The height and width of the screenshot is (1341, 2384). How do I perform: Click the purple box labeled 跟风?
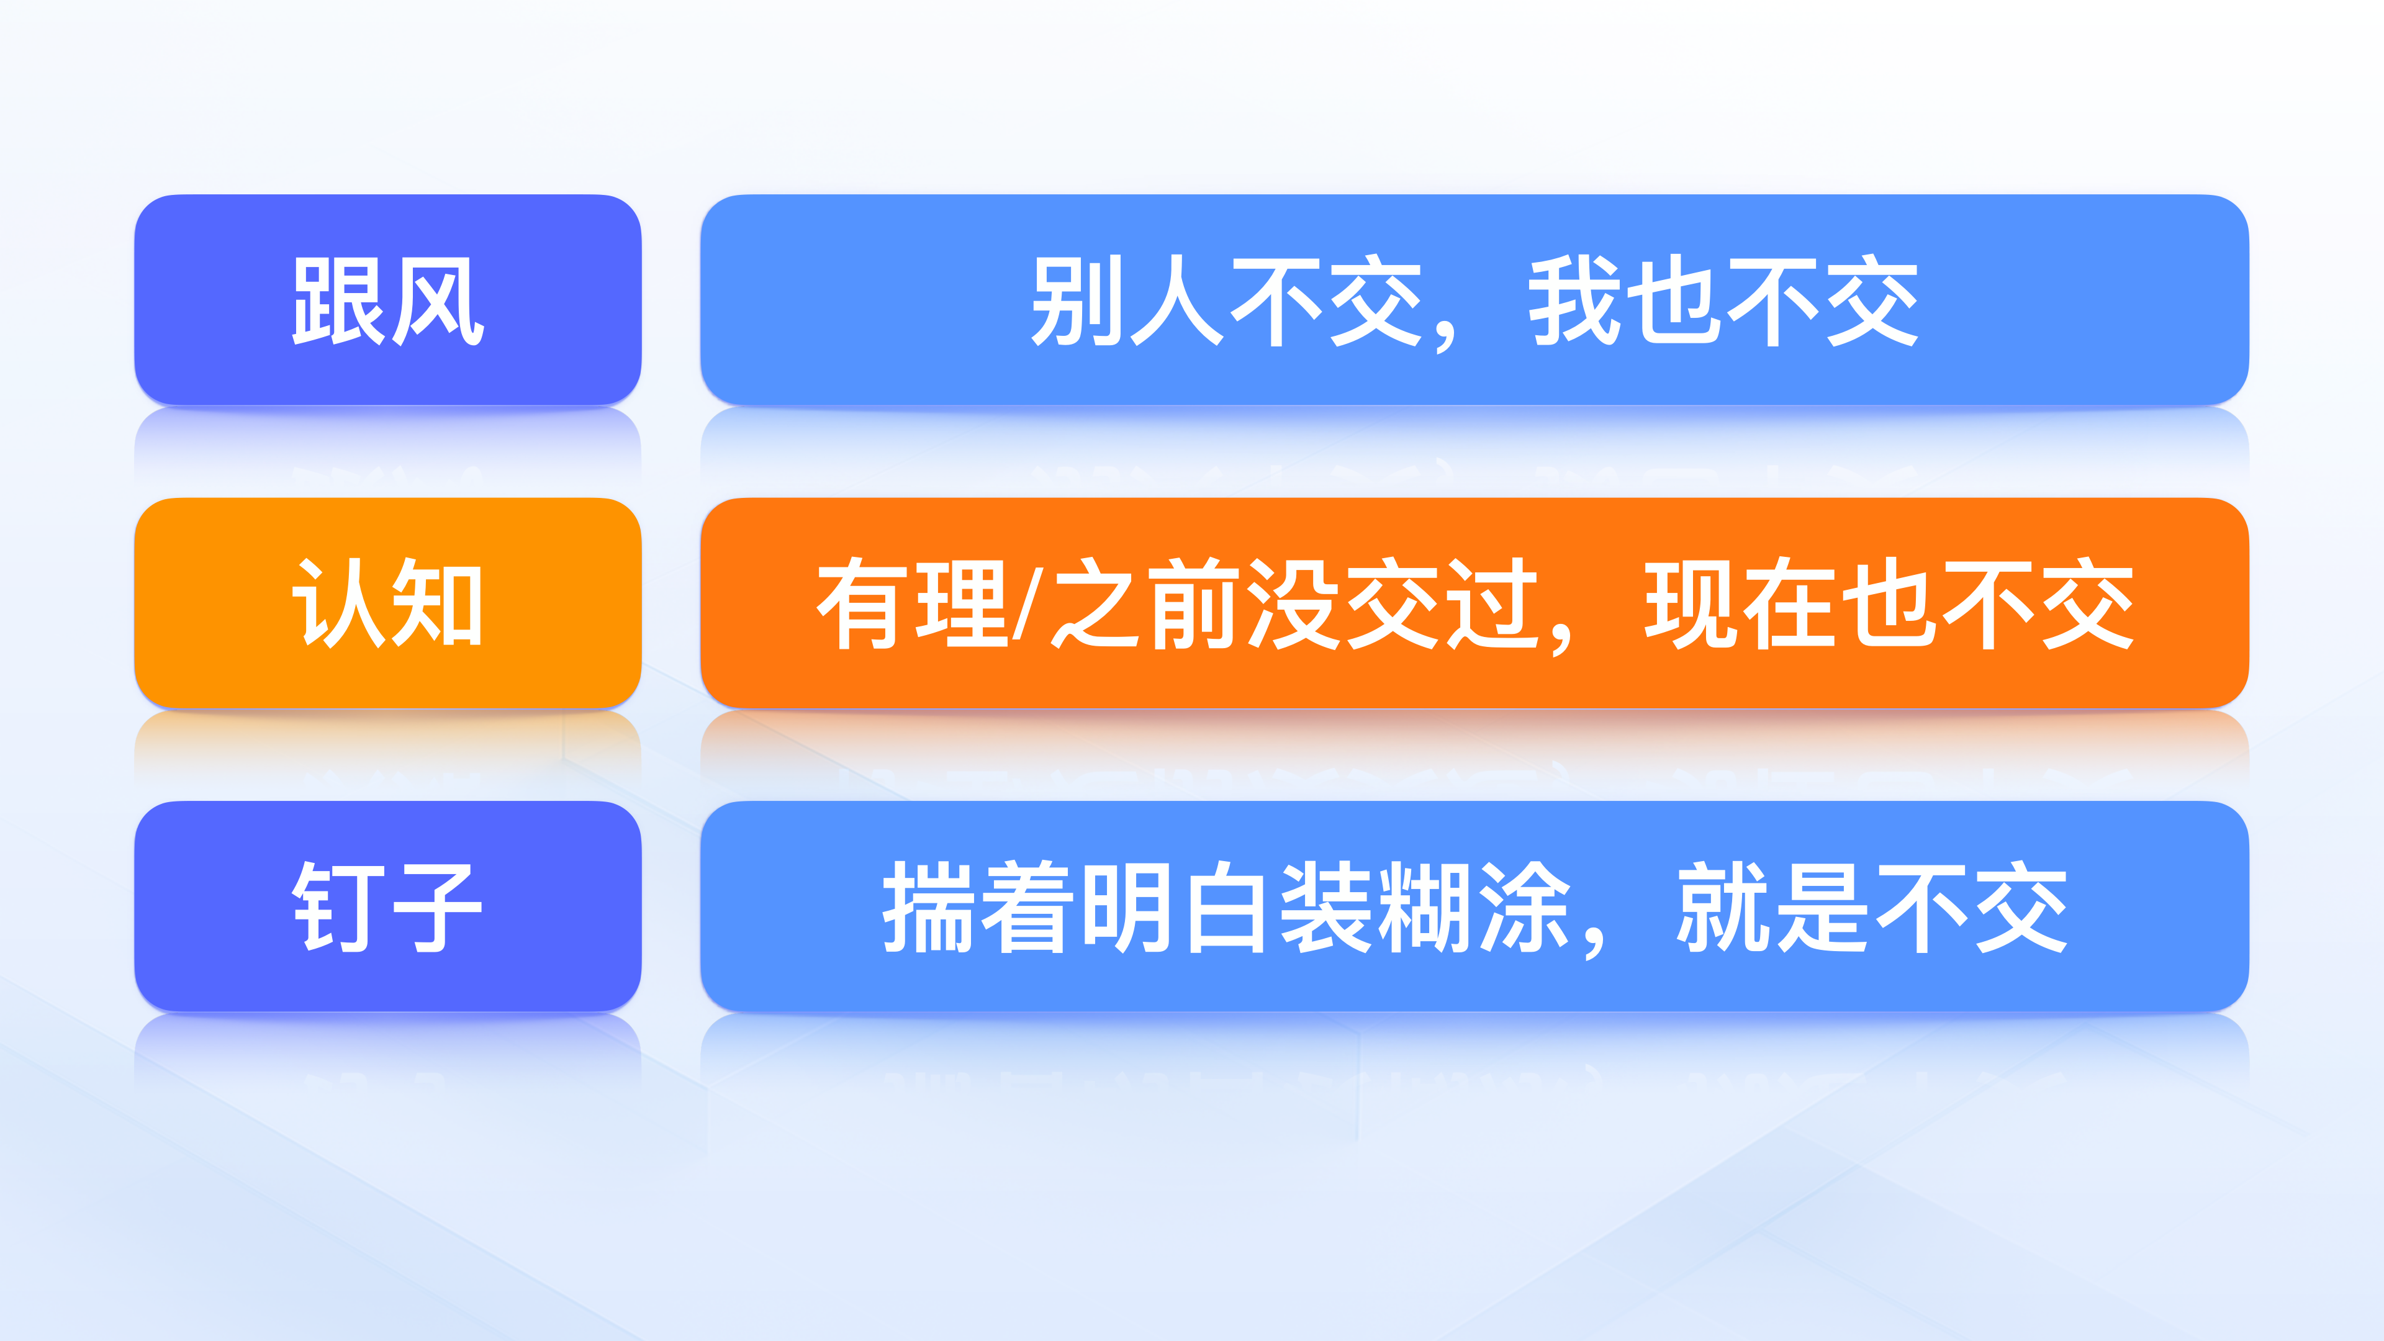pyautogui.click(x=388, y=300)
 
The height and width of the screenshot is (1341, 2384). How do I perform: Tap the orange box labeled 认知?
pyautogui.click(x=388, y=603)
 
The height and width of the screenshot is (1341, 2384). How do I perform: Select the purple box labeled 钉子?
pyautogui.click(x=388, y=906)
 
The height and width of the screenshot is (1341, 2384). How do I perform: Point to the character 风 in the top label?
pyautogui.click(x=437, y=300)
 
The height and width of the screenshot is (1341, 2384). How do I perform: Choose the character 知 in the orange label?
pyautogui.click(x=437, y=603)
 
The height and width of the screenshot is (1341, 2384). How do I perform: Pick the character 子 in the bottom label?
pyautogui.click(x=437, y=907)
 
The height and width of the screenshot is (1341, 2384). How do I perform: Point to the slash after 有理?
pyautogui.click(x=1028, y=603)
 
